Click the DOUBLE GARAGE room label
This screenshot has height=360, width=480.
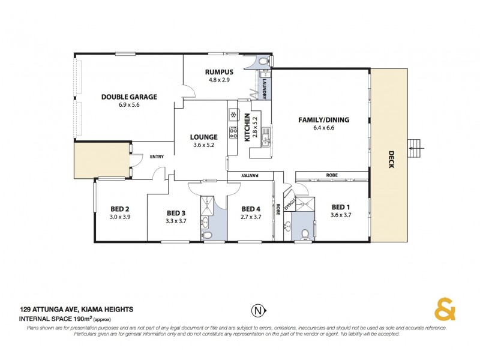pos(128,96)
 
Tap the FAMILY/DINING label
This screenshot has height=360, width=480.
pos(323,119)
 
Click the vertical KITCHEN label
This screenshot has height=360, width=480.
pos(246,127)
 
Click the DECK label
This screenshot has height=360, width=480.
pos(391,159)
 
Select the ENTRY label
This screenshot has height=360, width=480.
pos(157,157)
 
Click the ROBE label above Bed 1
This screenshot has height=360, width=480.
pos(332,175)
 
